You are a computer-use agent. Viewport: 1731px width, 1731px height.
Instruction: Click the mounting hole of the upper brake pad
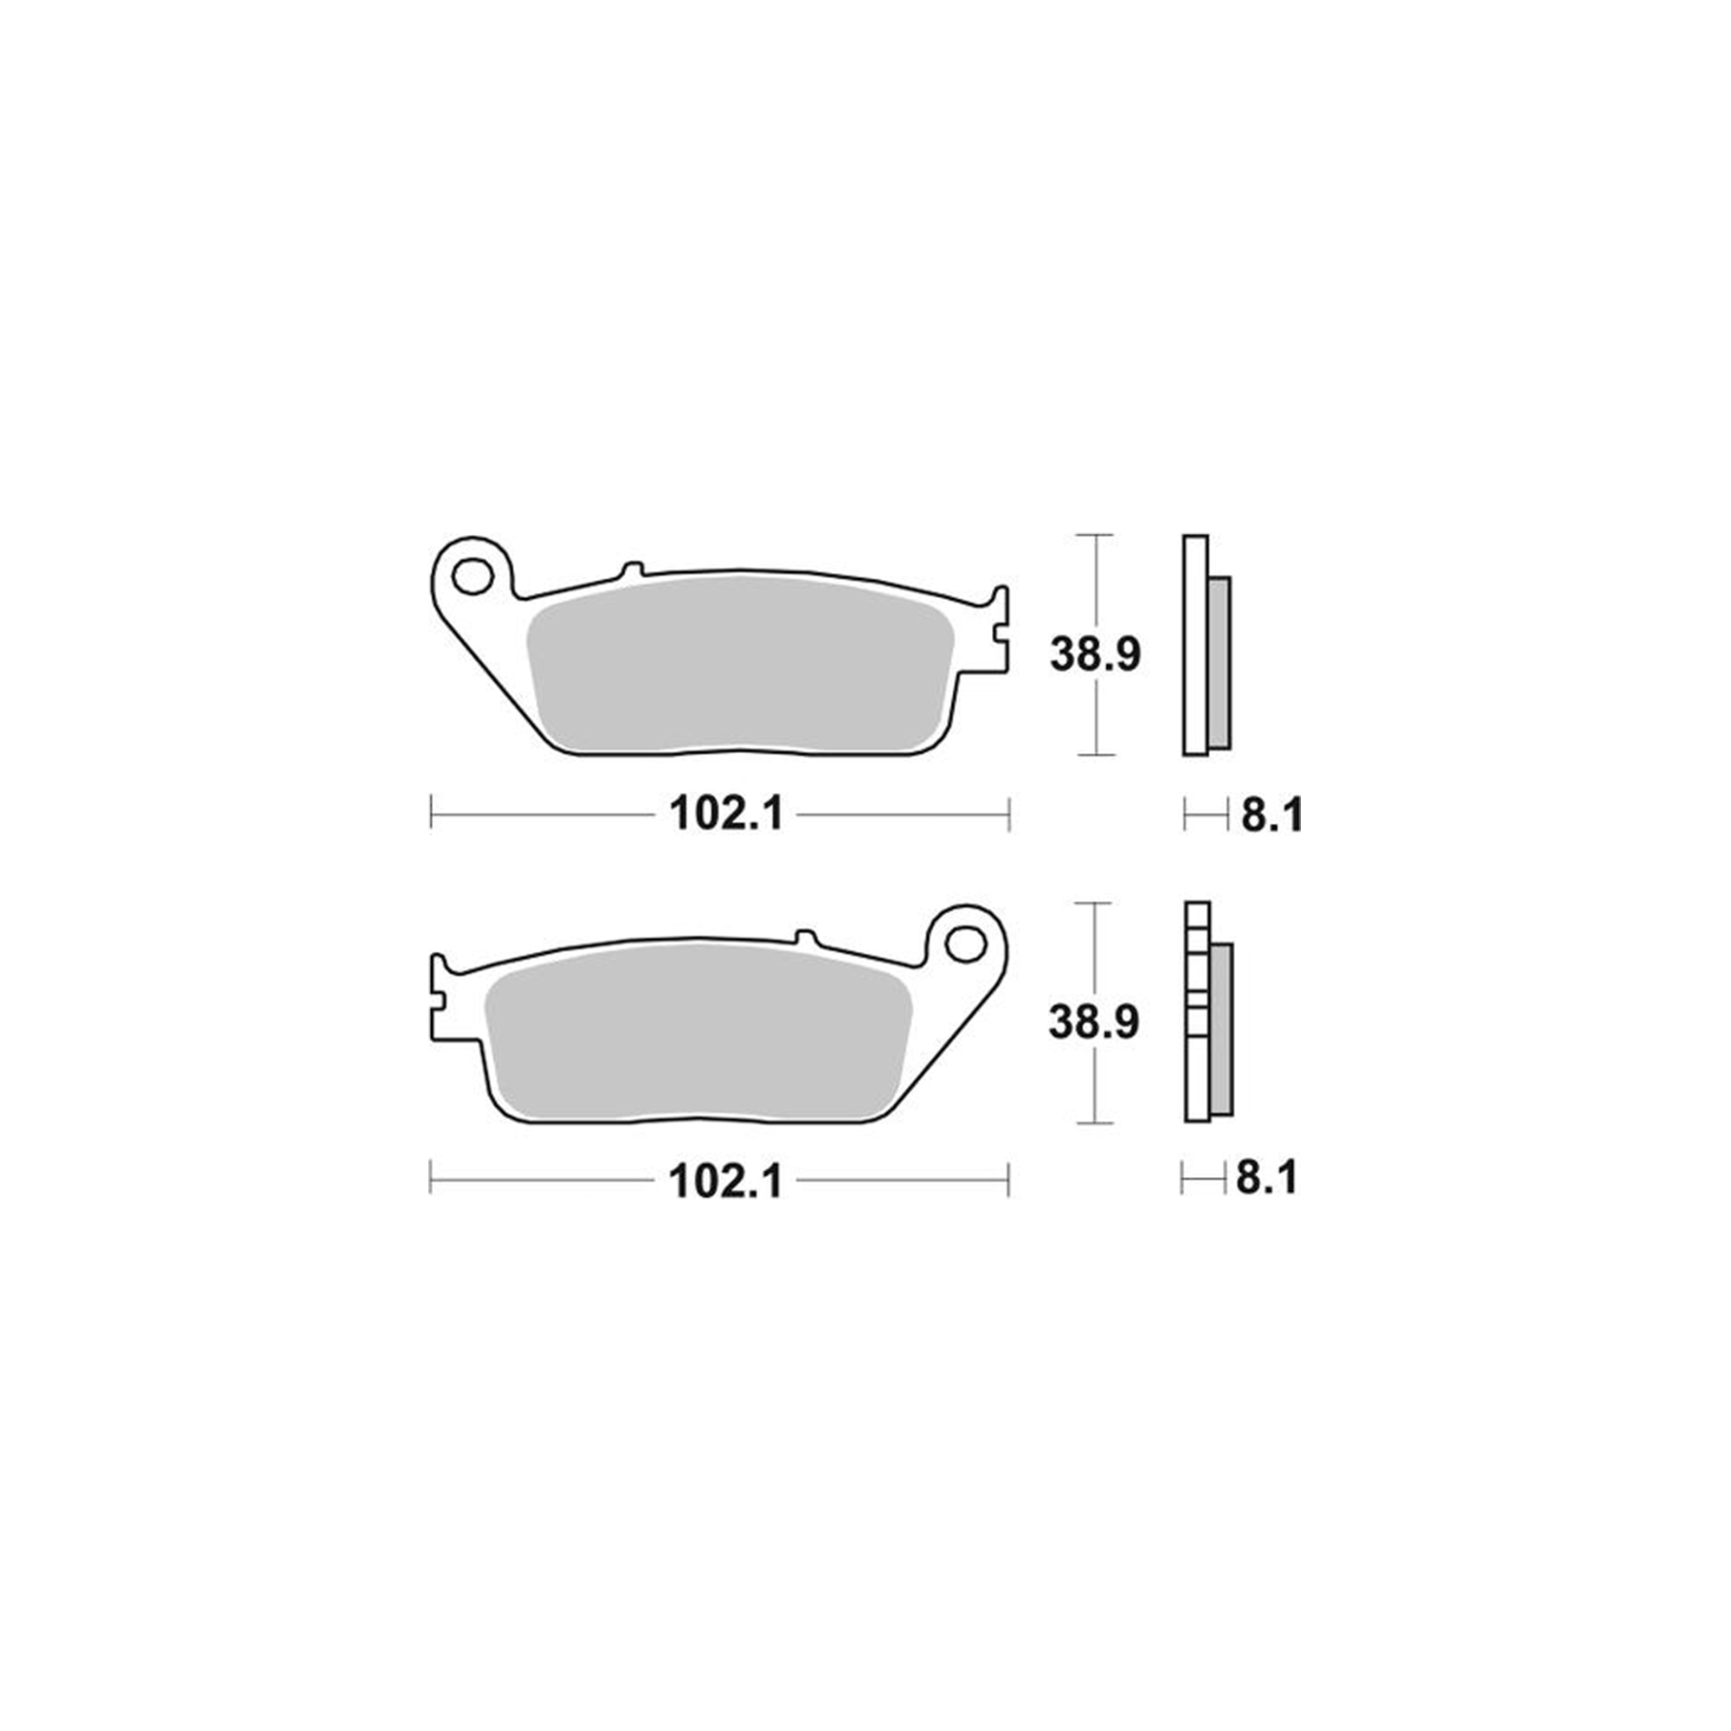[473, 576]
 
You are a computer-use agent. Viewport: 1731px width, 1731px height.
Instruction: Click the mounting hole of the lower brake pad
[966, 943]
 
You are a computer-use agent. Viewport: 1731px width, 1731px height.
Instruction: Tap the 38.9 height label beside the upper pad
[1095, 654]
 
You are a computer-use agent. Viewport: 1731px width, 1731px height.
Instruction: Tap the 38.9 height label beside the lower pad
[1094, 1021]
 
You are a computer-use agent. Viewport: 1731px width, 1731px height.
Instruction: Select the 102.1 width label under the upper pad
[727, 814]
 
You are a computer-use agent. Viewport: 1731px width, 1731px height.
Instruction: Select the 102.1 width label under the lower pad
[726, 1181]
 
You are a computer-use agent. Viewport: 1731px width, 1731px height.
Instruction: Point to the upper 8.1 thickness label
[1271, 815]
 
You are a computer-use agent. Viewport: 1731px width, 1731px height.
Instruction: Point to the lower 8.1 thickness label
[1267, 1179]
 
